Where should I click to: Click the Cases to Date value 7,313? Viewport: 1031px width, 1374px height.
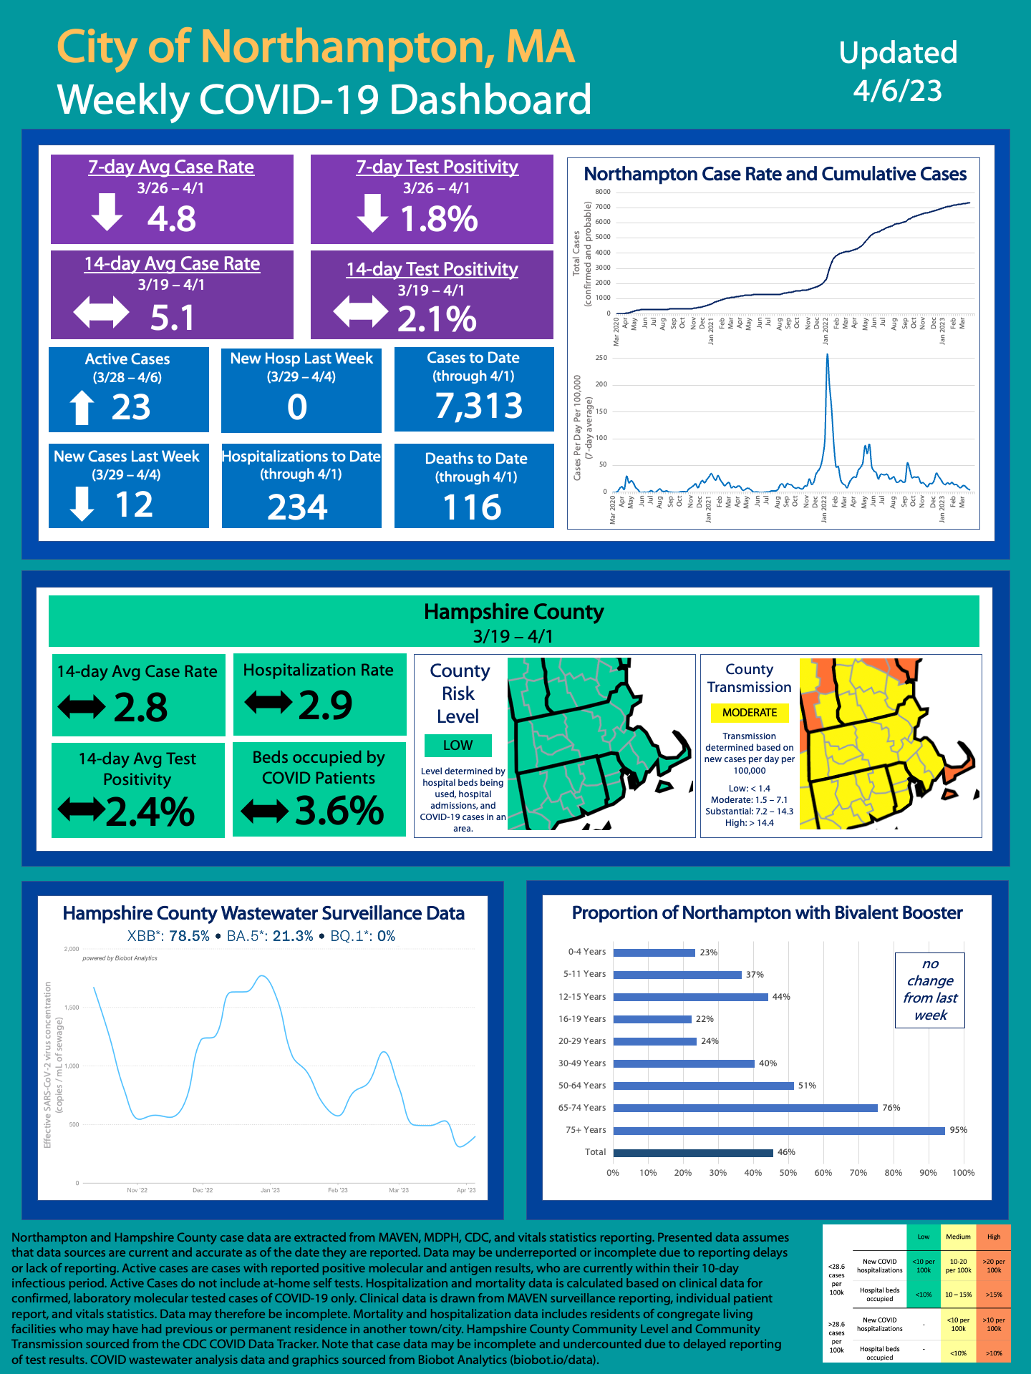pos(479,406)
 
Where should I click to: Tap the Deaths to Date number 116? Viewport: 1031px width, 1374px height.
pos(473,507)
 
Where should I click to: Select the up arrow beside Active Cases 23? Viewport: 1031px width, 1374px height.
pos(82,407)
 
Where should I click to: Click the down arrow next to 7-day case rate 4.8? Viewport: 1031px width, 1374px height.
pos(107,213)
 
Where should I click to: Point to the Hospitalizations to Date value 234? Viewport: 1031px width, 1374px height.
pos(298,507)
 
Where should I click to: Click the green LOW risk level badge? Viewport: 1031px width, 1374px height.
pos(458,745)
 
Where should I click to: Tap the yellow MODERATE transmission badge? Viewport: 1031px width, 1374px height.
pos(749,713)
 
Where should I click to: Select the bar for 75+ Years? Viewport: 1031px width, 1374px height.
pos(779,1131)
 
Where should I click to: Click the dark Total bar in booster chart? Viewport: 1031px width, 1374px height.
pos(693,1153)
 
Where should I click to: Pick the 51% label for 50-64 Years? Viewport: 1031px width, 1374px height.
pos(807,1086)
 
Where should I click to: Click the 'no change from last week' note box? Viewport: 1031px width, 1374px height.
pos(929,990)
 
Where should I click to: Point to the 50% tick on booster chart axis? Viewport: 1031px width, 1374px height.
pos(788,1173)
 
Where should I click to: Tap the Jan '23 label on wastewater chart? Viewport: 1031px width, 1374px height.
pos(270,1190)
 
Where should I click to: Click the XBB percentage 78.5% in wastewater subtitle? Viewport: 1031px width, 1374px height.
pos(189,936)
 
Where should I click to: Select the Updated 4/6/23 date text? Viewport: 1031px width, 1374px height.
pos(898,72)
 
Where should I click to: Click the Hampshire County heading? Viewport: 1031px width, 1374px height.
pos(513,612)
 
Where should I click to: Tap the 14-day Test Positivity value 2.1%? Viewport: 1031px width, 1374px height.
pos(437,318)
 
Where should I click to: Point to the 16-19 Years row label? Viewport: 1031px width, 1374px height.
pos(582,1019)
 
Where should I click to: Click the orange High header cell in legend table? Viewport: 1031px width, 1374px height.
pos(994,1237)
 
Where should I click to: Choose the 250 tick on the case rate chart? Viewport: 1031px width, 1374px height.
pos(601,358)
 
